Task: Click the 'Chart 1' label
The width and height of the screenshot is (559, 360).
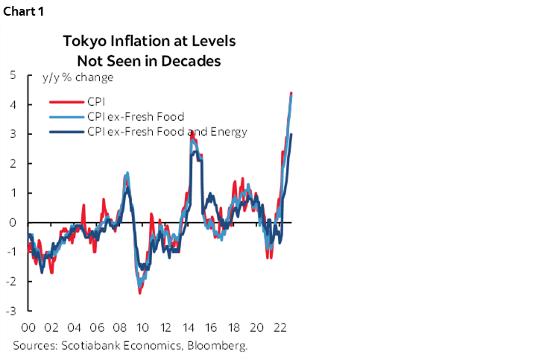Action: pos(24,11)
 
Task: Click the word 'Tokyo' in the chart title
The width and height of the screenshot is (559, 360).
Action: pos(85,41)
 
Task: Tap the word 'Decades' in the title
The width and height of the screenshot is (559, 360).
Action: pos(191,61)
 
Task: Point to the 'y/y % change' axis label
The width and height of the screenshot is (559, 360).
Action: pos(78,78)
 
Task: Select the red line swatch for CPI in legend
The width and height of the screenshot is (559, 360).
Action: pos(66,102)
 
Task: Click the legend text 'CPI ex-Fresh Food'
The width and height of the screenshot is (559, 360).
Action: pos(136,116)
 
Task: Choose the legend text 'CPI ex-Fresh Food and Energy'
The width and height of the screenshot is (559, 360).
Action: pos(167,132)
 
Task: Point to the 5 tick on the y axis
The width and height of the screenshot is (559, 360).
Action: pos(13,75)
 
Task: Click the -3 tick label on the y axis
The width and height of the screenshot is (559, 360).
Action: pos(11,311)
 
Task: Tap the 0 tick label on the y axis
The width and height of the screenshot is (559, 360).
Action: pos(13,223)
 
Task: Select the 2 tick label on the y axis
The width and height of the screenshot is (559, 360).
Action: pos(13,164)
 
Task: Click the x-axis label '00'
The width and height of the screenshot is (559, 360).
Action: pos(28,327)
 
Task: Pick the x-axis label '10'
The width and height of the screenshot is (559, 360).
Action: pos(142,327)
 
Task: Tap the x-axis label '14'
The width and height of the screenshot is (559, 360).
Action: pos(189,327)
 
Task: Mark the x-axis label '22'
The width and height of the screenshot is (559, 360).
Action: pos(279,327)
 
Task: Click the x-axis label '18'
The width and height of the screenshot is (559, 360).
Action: pos(234,327)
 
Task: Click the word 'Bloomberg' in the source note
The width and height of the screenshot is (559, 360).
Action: pos(218,345)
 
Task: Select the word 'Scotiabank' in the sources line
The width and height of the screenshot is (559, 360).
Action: pos(91,345)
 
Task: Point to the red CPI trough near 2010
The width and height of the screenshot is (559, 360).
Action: pos(140,293)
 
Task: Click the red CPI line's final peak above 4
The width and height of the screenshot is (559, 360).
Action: pos(291,93)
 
